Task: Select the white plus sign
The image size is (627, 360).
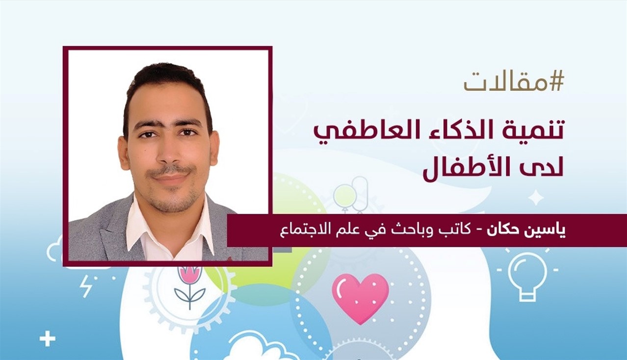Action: [x=47, y=340]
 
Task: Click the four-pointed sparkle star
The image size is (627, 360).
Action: [x=535, y=198]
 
